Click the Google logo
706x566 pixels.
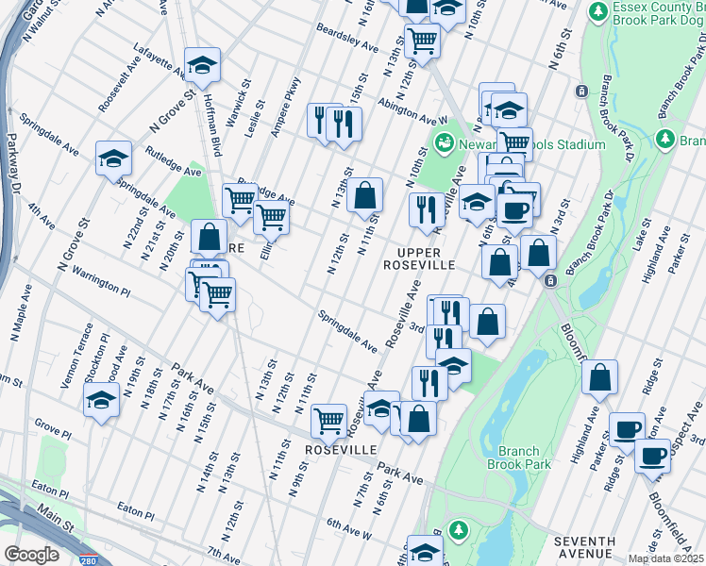[31, 555]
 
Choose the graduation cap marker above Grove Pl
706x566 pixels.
[101, 400]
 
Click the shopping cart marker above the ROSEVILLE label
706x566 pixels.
[328, 419]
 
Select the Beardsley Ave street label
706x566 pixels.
[347, 39]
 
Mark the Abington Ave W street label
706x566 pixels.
[412, 112]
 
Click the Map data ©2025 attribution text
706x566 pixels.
[664, 558]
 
